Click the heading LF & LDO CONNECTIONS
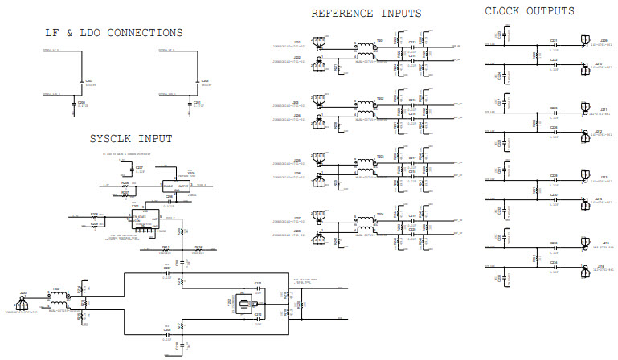pos(113,33)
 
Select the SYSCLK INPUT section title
pos(131,139)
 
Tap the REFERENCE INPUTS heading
pos(366,14)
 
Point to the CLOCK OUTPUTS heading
pos(530,11)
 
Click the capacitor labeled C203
pos(80,83)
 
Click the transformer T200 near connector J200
pos(57,299)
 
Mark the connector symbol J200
pos(21,303)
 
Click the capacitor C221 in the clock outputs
pos(554,42)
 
